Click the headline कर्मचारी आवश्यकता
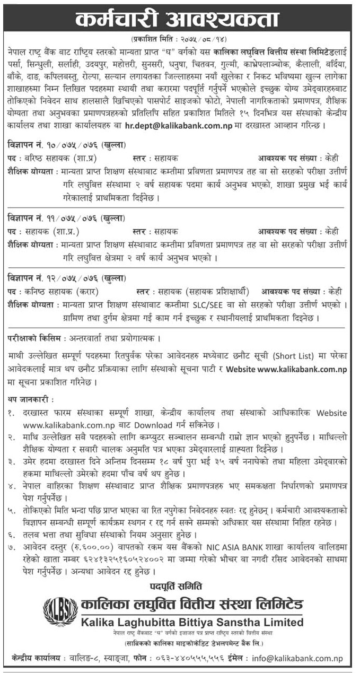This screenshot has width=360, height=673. click(179, 20)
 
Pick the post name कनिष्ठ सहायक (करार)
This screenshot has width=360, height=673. click(63, 291)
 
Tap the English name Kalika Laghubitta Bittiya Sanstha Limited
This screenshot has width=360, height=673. click(193, 622)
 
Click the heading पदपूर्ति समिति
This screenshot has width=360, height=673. click(179, 588)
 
